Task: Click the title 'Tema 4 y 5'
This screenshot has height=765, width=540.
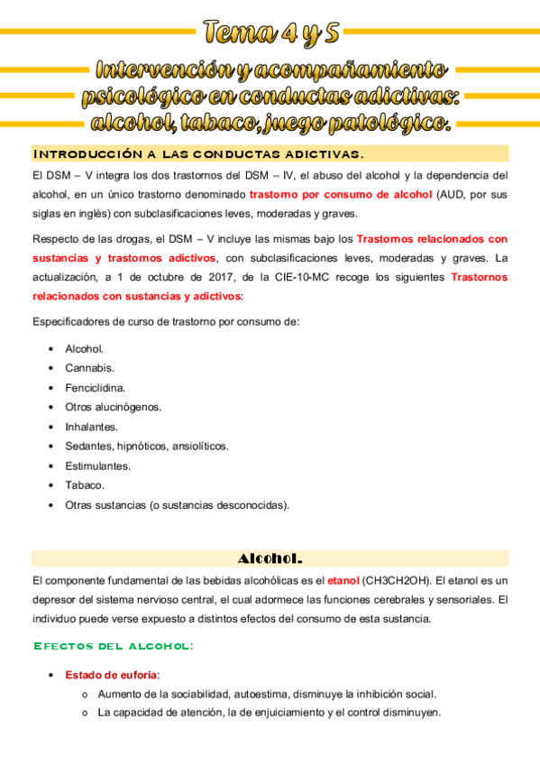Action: pyautogui.click(x=271, y=33)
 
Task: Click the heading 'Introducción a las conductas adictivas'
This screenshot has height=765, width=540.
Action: pyautogui.click(x=197, y=153)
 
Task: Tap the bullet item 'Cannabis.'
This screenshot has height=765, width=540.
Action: pyautogui.click(x=89, y=367)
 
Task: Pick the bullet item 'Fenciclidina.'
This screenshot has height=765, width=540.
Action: pyautogui.click(x=96, y=387)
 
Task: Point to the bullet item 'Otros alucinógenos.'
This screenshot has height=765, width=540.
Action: pyautogui.click(x=113, y=407)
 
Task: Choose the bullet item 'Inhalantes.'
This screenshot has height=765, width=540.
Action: pyautogui.click(x=91, y=427)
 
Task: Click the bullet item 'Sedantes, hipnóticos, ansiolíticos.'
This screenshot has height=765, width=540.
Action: pyautogui.click(x=147, y=446)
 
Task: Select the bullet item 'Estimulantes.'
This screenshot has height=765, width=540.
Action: pyautogui.click(x=97, y=465)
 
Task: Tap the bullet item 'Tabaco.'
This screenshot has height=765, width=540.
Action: pyautogui.click(x=85, y=485)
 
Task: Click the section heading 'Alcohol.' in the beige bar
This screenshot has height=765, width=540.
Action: pyautogui.click(x=270, y=558)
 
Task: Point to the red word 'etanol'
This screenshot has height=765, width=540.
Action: pyautogui.click(x=343, y=580)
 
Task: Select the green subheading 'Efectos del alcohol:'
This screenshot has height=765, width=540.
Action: pyautogui.click(x=113, y=646)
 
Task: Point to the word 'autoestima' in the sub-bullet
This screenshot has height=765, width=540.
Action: pyautogui.click(x=262, y=694)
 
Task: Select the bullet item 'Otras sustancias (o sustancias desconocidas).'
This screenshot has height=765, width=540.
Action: pyautogui.click(x=178, y=505)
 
